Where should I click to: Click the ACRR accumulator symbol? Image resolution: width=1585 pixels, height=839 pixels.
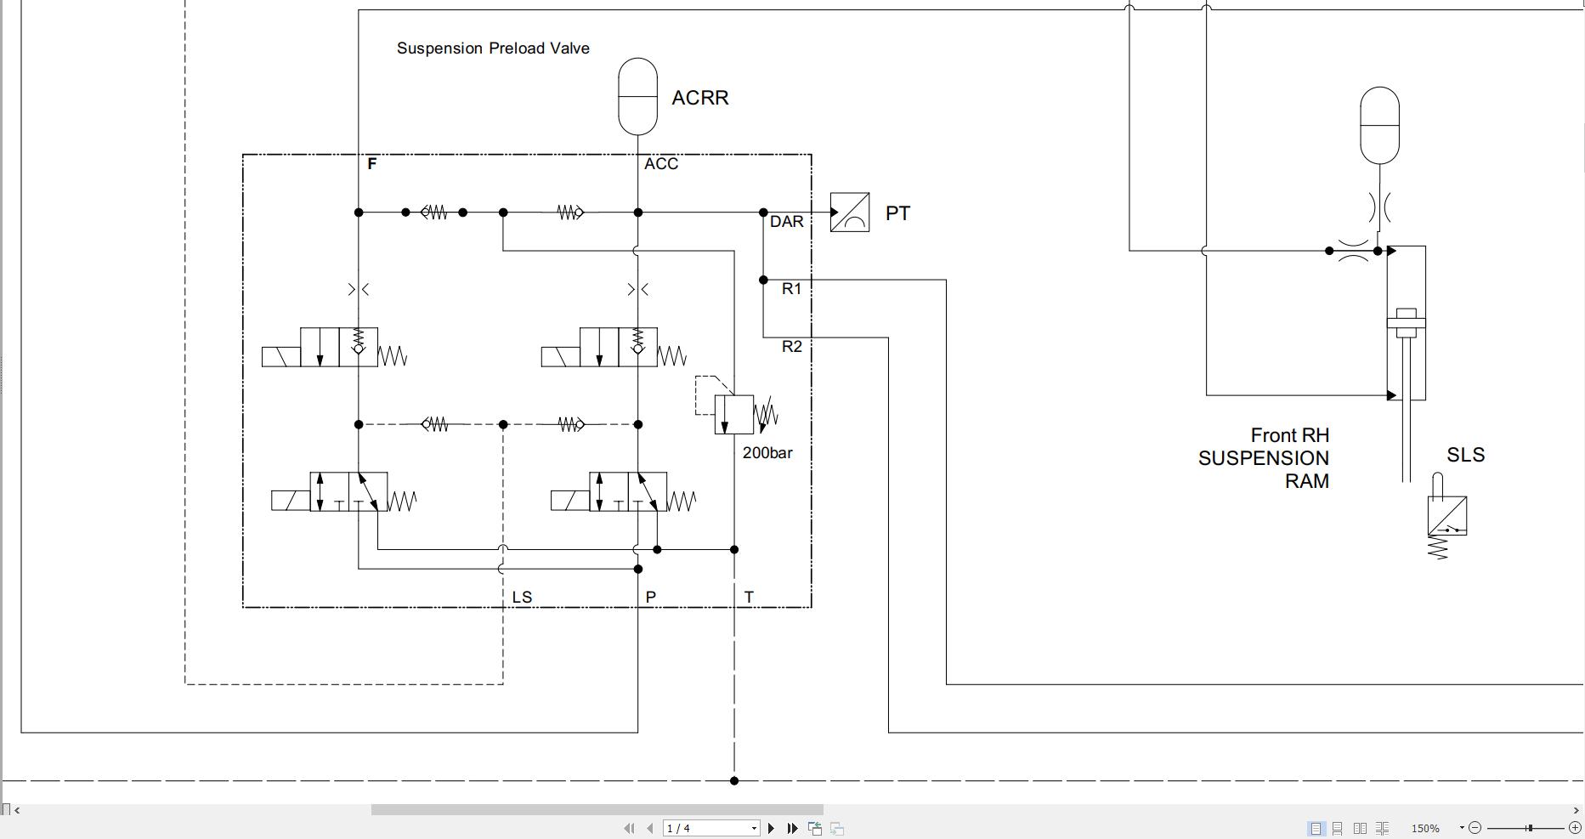coord(637,96)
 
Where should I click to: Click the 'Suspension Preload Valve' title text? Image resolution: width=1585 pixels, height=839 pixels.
coord(493,48)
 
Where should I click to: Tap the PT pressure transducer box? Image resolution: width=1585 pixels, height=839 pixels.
coord(849,213)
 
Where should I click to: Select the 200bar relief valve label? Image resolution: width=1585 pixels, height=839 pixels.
coord(767,453)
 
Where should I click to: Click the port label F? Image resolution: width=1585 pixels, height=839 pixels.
coord(371,164)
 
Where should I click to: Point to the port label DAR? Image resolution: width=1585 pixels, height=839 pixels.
coord(786,222)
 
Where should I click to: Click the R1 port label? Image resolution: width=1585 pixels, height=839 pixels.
coord(791,289)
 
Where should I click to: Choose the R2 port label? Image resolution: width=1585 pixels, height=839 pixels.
coord(791,347)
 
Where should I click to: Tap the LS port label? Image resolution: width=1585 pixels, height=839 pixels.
coord(522,598)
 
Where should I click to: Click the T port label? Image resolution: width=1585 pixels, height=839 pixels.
coord(749,598)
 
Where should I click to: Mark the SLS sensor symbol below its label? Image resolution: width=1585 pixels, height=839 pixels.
coord(1446,515)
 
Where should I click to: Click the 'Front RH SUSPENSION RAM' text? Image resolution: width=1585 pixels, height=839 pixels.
coord(1265,458)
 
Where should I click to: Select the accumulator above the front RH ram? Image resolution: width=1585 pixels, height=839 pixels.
coord(1379,125)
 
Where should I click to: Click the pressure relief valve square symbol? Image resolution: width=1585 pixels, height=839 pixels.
coord(733,415)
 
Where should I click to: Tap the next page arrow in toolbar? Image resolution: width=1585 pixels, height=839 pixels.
coord(771,828)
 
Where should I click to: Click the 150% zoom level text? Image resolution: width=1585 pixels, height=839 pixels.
coord(1425,828)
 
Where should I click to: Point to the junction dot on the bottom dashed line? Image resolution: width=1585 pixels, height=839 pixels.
coord(734,780)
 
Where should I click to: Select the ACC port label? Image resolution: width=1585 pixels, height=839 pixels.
coord(660,164)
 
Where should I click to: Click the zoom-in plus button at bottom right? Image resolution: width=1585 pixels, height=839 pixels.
coord(1574,828)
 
